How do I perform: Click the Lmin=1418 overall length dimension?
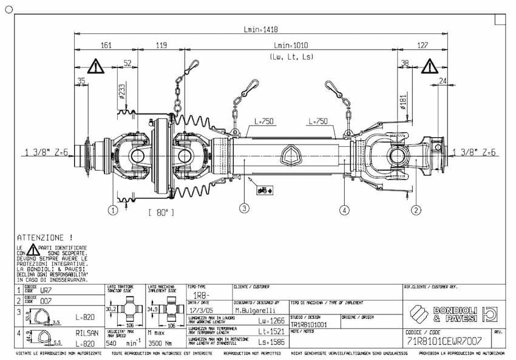click(260, 29)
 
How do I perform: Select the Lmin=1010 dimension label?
click(291, 46)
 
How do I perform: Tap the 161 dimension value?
click(106, 46)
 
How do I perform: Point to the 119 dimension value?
click(161, 46)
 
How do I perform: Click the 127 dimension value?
click(423, 46)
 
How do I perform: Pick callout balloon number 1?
click(112, 210)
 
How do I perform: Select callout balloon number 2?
click(416, 210)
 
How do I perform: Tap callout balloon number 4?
click(344, 210)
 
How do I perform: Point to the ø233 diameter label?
click(122, 91)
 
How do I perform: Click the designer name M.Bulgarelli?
click(255, 310)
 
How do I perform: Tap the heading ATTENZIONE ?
click(45, 237)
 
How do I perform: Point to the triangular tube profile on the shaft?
click(292, 155)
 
